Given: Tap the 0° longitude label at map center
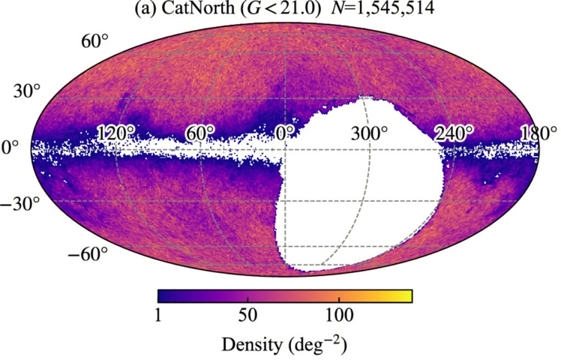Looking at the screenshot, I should point(284,133).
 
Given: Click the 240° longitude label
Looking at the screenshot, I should point(452,133).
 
